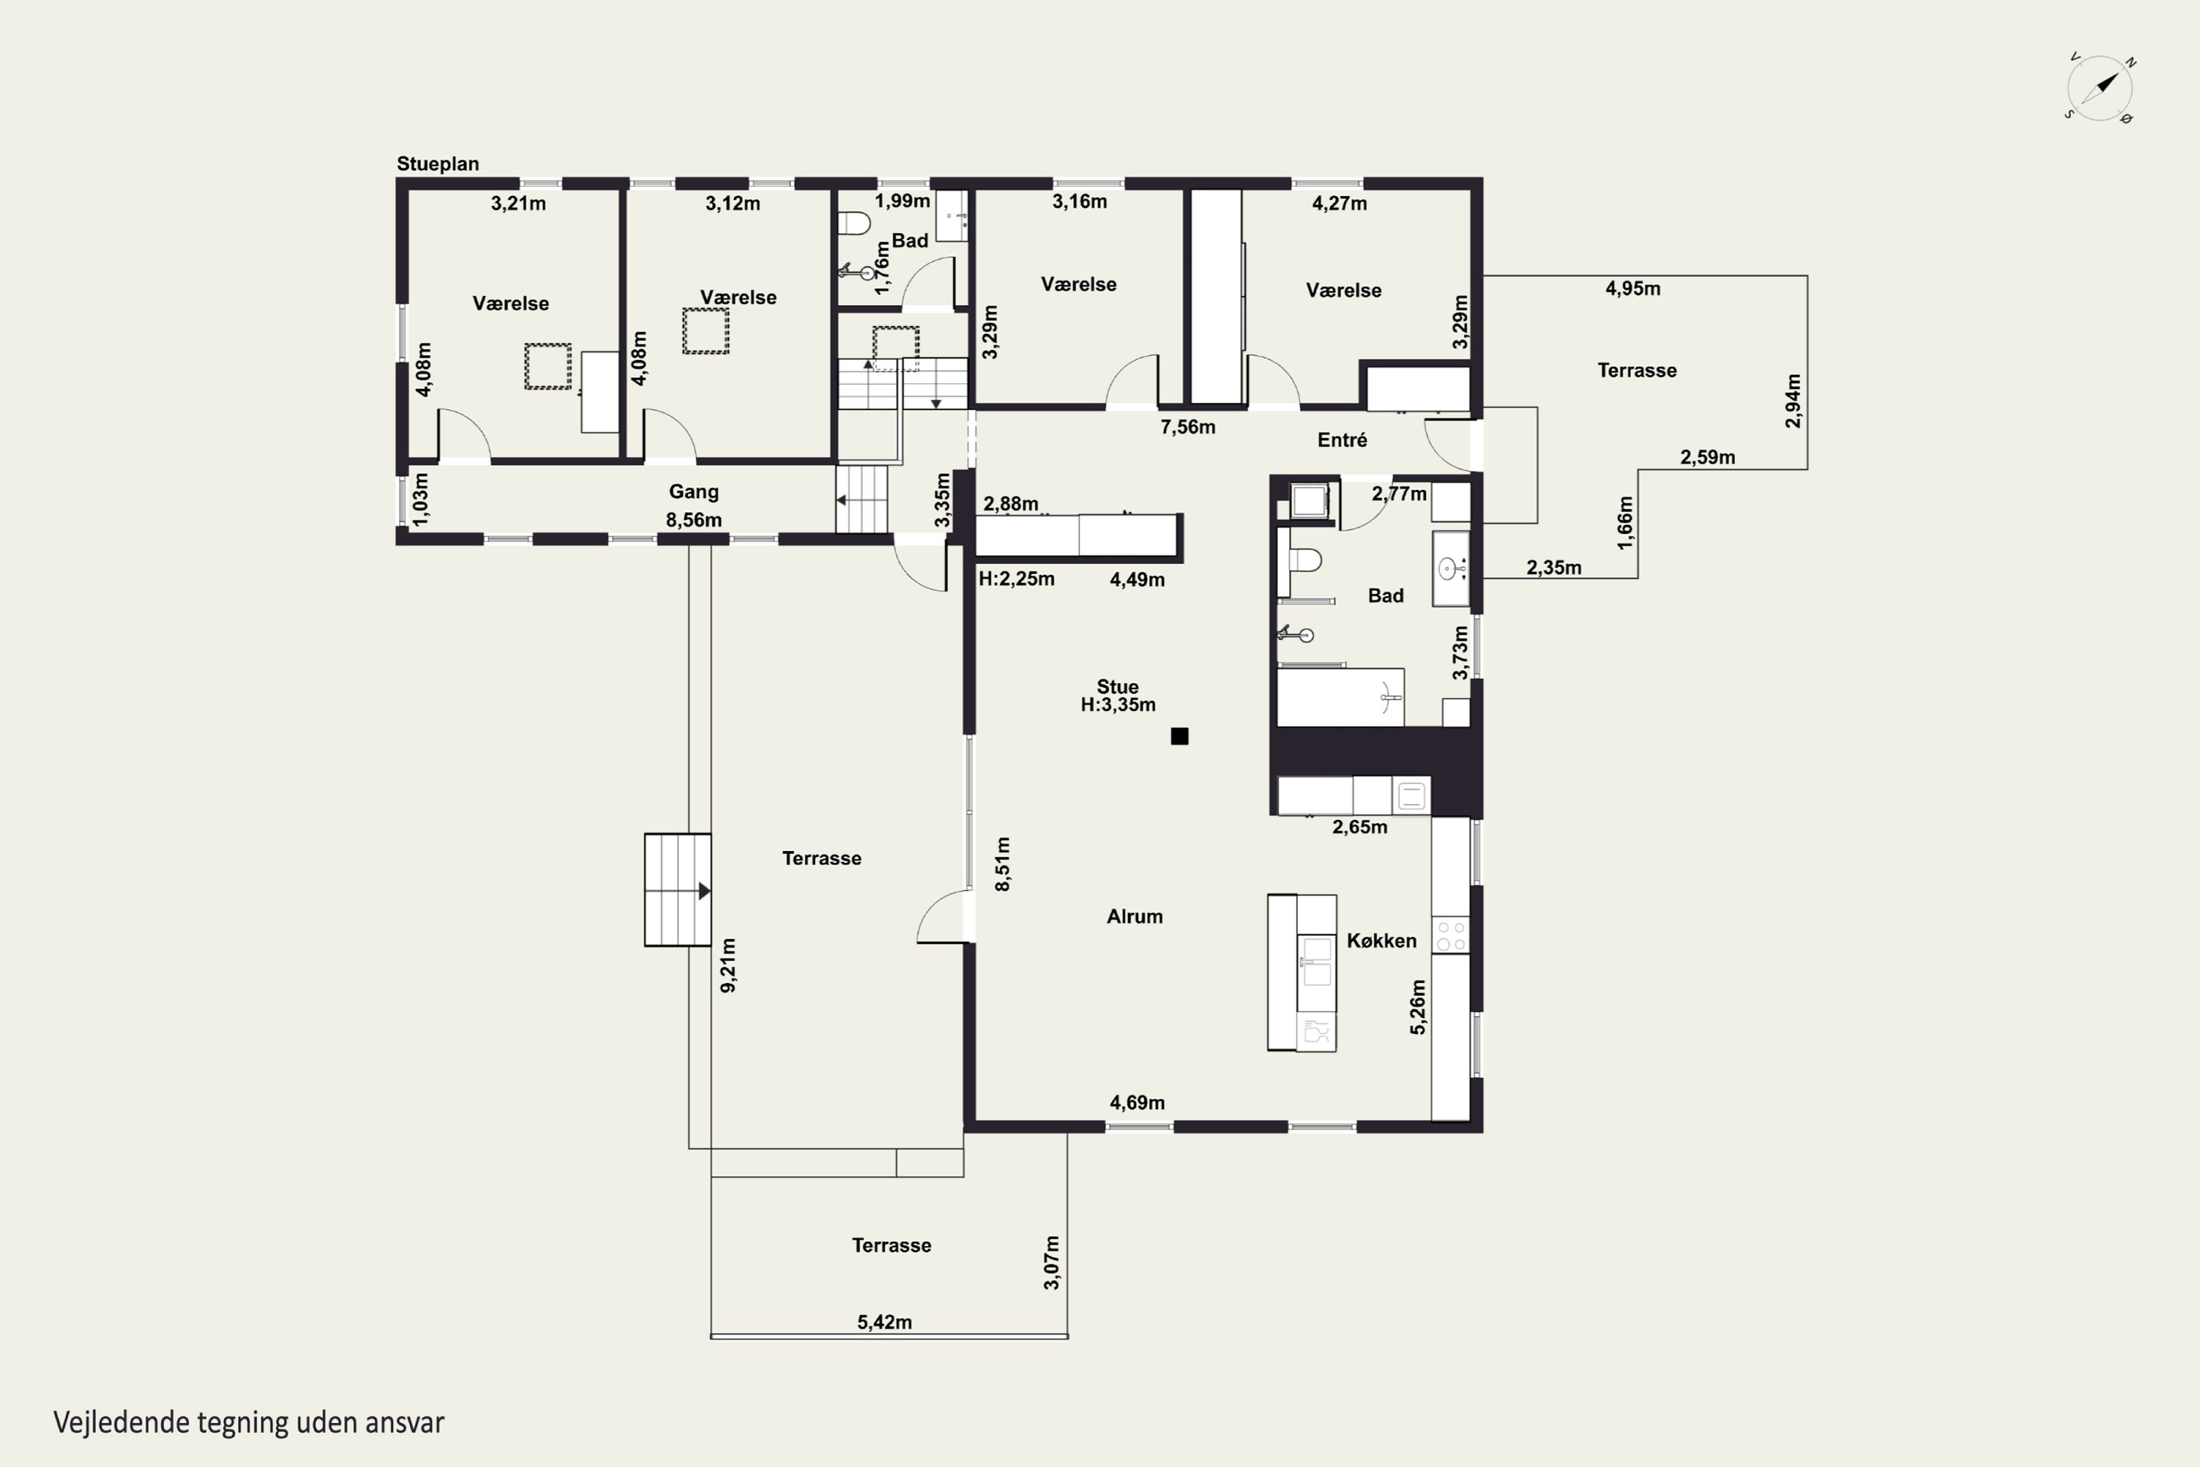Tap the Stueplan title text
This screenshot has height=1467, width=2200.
pyautogui.click(x=438, y=164)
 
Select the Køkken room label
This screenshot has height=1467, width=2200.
pyautogui.click(x=1382, y=940)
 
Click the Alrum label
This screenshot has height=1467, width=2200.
pyautogui.click(x=1134, y=917)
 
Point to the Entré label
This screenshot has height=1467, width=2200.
pyautogui.click(x=1342, y=439)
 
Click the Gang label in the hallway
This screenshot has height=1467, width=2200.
pyautogui.click(x=693, y=492)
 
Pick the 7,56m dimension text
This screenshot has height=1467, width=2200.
pyautogui.click(x=1188, y=428)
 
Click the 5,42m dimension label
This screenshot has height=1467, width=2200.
pyautogui.click(x=884, y=1322)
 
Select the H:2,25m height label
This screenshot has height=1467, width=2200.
pyautogui.click(x=1016, y=579)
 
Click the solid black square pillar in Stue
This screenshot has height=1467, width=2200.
pyautogui.click(x=1179, y=736)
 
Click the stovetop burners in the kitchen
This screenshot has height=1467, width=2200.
pyautogui.click(x=1451, y=934)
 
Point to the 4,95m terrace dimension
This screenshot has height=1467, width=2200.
pyautogui.click(x=1633, y=288)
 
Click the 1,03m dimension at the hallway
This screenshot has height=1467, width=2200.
pyautogui.click(x=421, y=499)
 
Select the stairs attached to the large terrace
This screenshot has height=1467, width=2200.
pyautogui.click(x=677, y=890)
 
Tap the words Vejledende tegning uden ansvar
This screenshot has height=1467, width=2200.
pyautogui.click(x=249, y=1423)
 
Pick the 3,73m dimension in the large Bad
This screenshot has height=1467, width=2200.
pyautogui.click(x=1460, y=653)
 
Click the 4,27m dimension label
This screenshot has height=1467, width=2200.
pyautogui.click(x=1340, y=203)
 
